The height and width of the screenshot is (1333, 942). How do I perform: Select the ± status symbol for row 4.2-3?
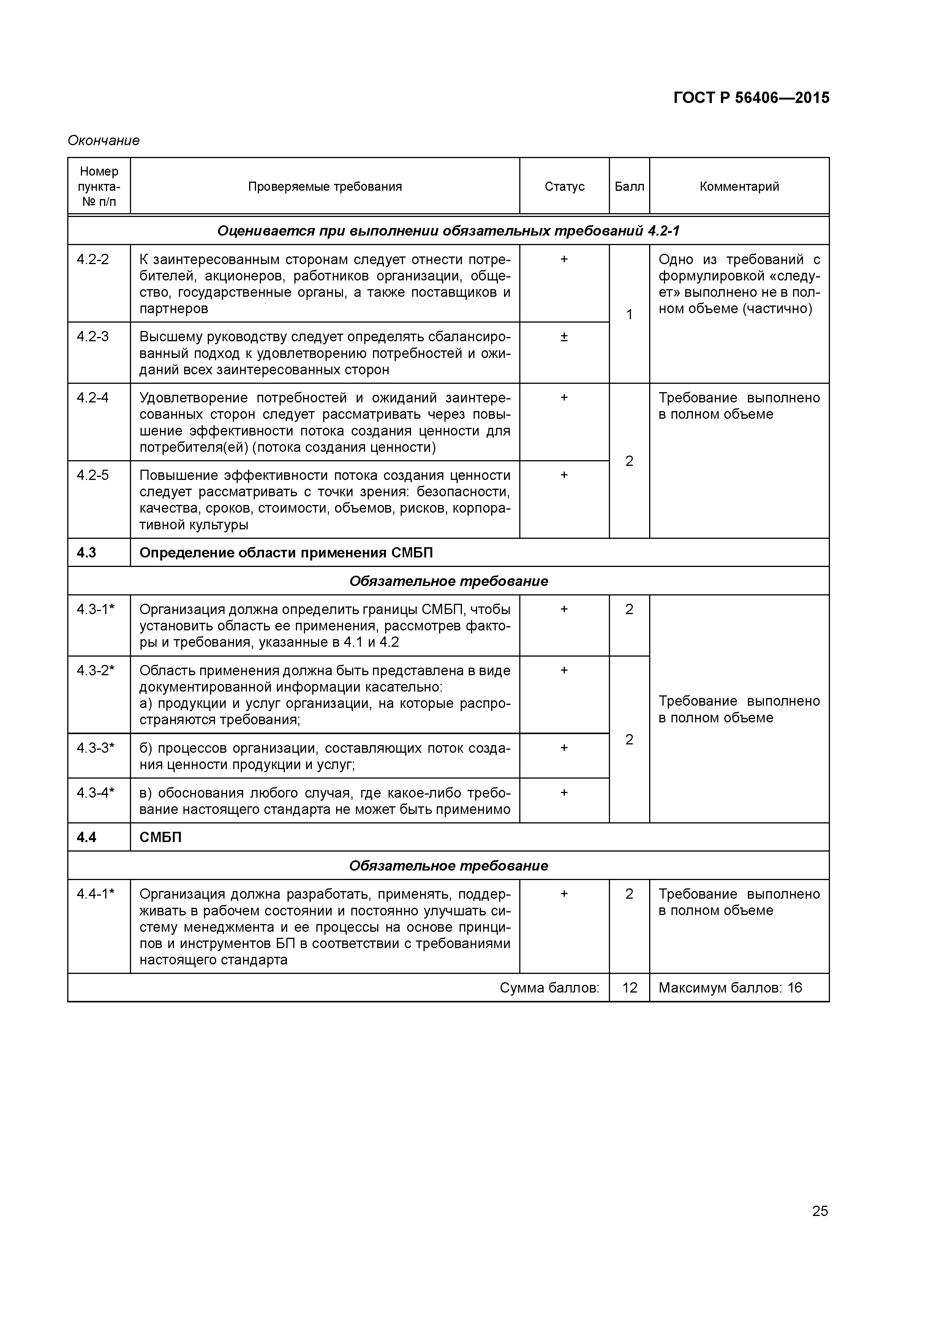pyautogui.click(x=564, y=337)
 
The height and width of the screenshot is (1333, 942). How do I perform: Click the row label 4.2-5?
pyautogui.click(x=93, y=475)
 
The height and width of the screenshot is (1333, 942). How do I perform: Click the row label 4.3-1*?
pyautogui.click(x=96, y=610)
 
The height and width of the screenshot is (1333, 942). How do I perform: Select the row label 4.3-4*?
pyautogui.click(x=96, y=793)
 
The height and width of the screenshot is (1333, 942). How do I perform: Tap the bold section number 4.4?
pyautogui.click(x=87, y=837)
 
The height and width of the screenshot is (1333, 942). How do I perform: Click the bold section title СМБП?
pyautogui.click(x=161, y=837)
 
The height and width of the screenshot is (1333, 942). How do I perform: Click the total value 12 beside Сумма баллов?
pyautogui.click(x=630, y=988)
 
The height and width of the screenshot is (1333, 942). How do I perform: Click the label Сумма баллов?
pyautogui.click(x=549, y=988)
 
